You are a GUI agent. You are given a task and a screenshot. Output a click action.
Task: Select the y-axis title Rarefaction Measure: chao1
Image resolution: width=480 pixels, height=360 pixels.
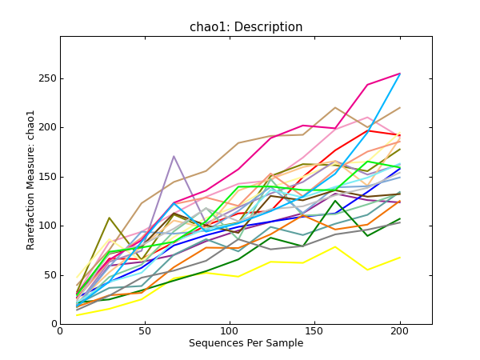pyautogui.click(x=31, y=180)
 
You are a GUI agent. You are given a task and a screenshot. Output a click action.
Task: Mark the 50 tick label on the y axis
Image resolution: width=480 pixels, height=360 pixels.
pyautogui.click(x=49, y=275)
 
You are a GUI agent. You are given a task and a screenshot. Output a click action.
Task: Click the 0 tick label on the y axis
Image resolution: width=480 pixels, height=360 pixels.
pyautogui.click(x=52, y=324)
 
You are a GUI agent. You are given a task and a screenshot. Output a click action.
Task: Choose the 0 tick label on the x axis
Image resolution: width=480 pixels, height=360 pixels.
pyautogui.click(x=60, y=332)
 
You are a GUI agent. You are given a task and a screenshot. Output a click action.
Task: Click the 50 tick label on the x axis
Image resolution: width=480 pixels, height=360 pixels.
pyautogui.click(x=145, y=332)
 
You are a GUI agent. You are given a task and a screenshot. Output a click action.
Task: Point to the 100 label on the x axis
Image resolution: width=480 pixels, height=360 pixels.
pyautogui.click(x=230, y=332)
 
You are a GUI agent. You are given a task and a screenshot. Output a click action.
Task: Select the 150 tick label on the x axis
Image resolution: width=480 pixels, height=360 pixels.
pyautogui.click(x=314, y=332)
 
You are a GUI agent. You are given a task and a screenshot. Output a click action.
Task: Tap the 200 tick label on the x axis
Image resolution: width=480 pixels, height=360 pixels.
pyautogui.click(x=399, y=332)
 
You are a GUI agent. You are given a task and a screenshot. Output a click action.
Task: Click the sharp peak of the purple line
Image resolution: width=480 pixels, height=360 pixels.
pyautogui.click(x=174, y=156)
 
